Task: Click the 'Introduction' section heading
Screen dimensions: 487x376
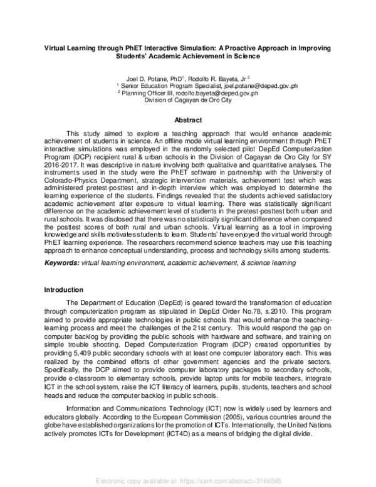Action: tap(64, 289)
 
